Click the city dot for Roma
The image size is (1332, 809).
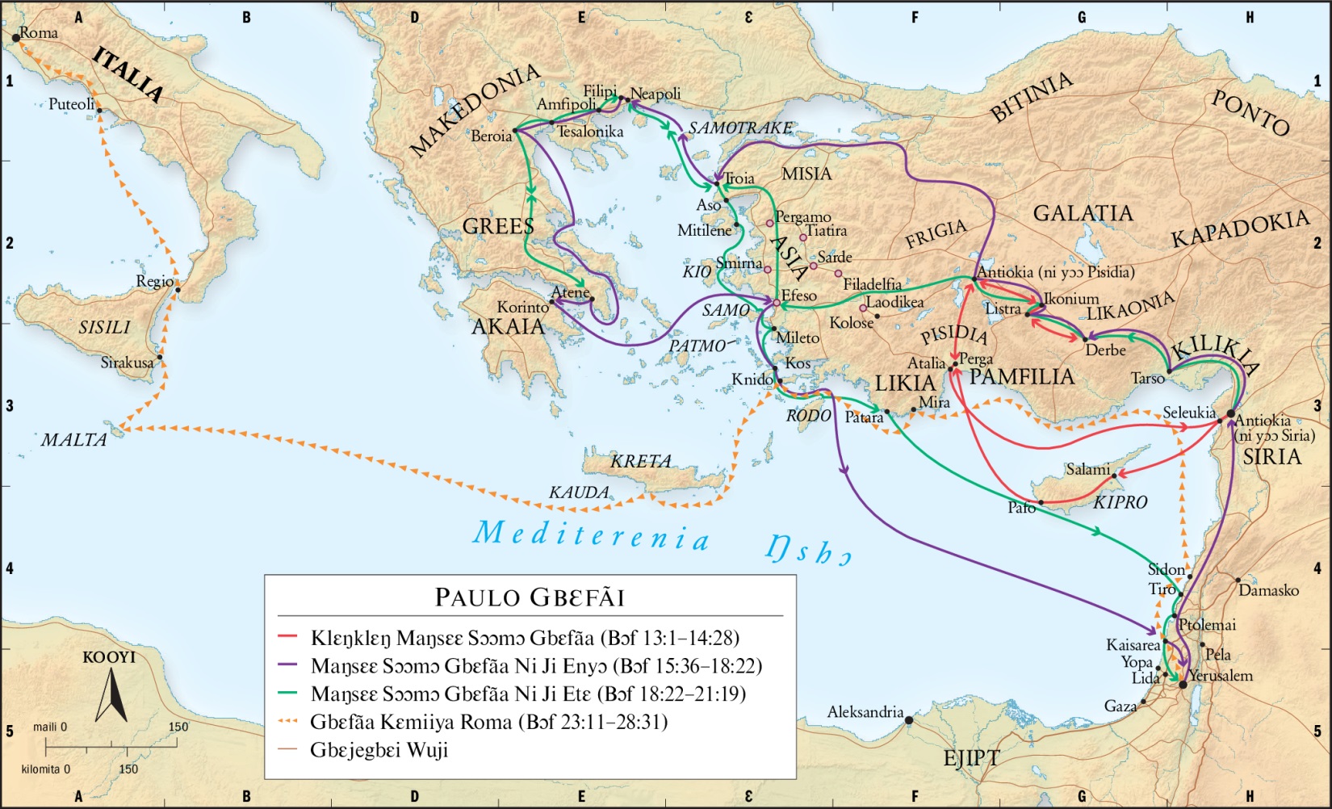(x=16, y=37)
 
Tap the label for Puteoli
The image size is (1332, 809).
(x=71, y=104)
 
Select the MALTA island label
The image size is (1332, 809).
(x=74, y=440)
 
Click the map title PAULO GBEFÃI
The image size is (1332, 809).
(x=530, y=597)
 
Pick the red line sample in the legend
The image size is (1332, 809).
(x=288, y=637)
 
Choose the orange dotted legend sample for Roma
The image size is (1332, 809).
(x=288, y=721)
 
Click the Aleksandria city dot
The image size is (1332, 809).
(x=909, y=719)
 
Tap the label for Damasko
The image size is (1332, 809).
(x=1268, y=590)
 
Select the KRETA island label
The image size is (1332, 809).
(x=640, y=461)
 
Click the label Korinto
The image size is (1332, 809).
(x=522, y=307)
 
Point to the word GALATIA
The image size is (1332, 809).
(x=1083, y=213)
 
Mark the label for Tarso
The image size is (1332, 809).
(x=1147, y=378)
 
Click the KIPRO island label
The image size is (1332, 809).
(x=1120, y=502)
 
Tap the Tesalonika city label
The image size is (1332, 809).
(x=590, y=132)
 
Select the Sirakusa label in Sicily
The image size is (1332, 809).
(x=127, y=363)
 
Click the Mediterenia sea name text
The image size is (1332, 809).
(x=592, y=535)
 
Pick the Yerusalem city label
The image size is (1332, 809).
(x=1221, y=675)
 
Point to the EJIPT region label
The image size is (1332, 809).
(x=971, y=758)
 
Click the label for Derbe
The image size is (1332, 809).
(x=1105, y=350)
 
